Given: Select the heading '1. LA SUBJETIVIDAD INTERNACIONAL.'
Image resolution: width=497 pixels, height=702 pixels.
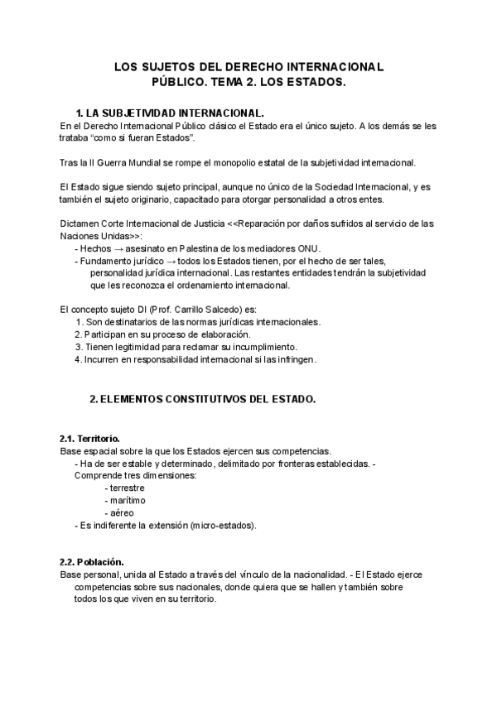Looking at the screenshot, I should tap(170, 113).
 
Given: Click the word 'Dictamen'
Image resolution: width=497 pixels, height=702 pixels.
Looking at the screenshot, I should tap(80, 224).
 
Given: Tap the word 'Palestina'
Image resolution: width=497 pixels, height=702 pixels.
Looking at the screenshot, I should tap(215, 248).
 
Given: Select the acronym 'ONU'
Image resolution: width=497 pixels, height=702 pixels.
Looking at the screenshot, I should tap(307, 248).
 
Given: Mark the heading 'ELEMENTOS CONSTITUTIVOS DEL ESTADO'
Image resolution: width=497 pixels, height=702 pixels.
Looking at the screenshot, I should tap(208, 399).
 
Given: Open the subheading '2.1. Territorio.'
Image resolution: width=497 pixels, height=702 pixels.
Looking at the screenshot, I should tap(89, 438).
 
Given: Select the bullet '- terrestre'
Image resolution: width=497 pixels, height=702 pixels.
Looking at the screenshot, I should tap(124, 488).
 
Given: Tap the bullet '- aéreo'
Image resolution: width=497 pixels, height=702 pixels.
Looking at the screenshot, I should tap(119, 513).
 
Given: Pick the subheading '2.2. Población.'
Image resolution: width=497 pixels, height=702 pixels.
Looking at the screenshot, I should tap(91, 562).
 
